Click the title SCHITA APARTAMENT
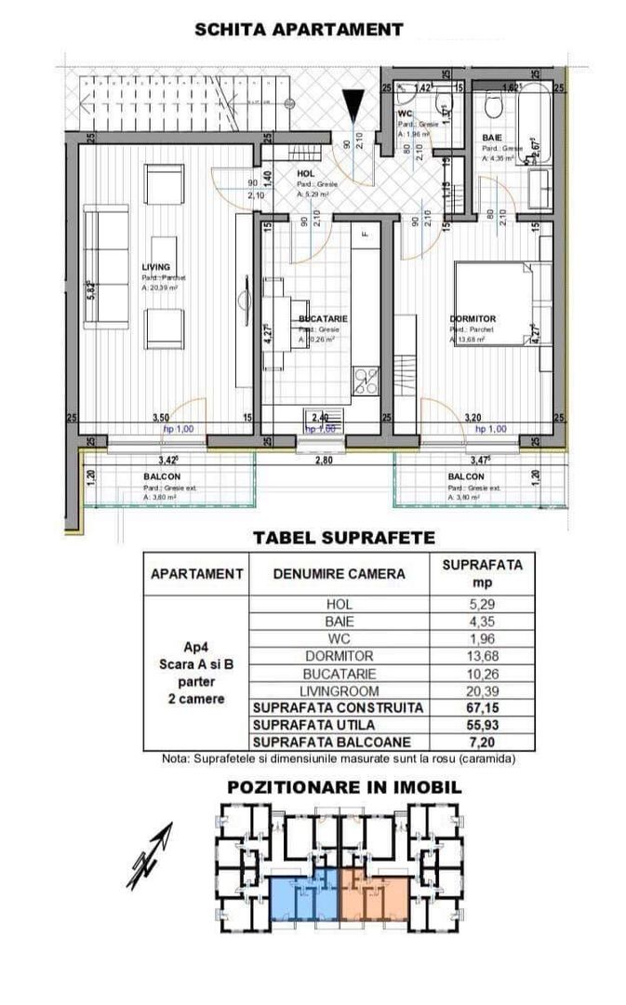pos(299,30)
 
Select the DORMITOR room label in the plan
pos(472,318)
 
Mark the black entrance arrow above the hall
pos(354,103)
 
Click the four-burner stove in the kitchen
pos(366,381)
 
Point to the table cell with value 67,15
pos(482,707)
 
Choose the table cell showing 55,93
pos(482,725)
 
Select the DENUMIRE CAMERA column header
pos(340,574)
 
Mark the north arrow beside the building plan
pos(151,856)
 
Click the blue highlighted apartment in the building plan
pos(303,896)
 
